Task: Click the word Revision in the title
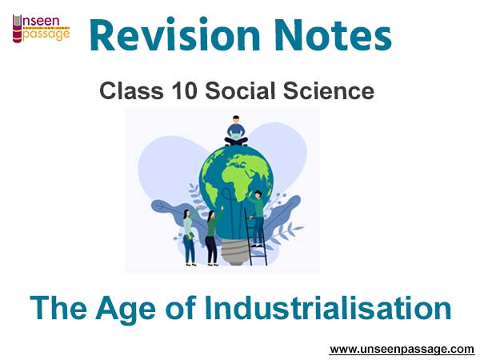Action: (x=174, y=35)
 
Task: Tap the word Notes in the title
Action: (x=333, y=35)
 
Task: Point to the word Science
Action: (x=329, y=91)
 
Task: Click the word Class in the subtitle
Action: (x=132, y=91)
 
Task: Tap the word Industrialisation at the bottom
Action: (x=328, y=307)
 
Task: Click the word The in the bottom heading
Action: (x=58, y=307)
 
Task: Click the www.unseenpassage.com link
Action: (x=402, y=350)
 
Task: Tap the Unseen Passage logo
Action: (x=42, y=29)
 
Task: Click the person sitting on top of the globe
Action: (x=236, y=130)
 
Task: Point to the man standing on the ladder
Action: (x=257, y=218)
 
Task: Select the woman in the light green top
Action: (x=189, y=236)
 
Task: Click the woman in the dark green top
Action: (x=213, y=238)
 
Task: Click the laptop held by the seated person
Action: (x=236, y=134)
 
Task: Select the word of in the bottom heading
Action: (x=181, y=307)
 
